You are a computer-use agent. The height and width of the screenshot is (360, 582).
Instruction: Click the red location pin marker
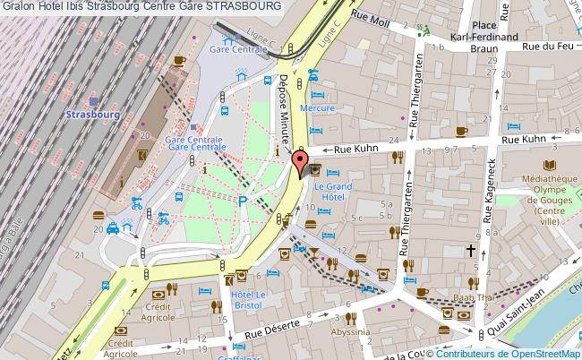point(301,163)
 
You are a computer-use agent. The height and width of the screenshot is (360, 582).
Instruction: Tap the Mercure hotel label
point(317,108)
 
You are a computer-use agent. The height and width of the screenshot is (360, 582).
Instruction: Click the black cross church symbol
point(469,252)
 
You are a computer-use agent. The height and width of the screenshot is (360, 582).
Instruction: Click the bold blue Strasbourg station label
point(93,114)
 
